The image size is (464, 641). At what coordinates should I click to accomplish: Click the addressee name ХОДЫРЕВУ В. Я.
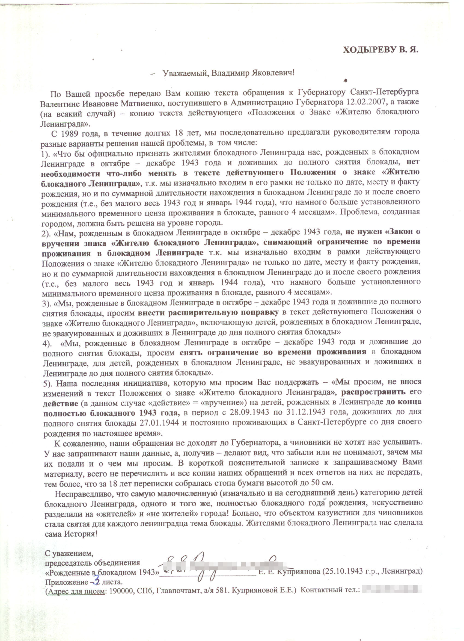pyautogui.click(x=380, y=50)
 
